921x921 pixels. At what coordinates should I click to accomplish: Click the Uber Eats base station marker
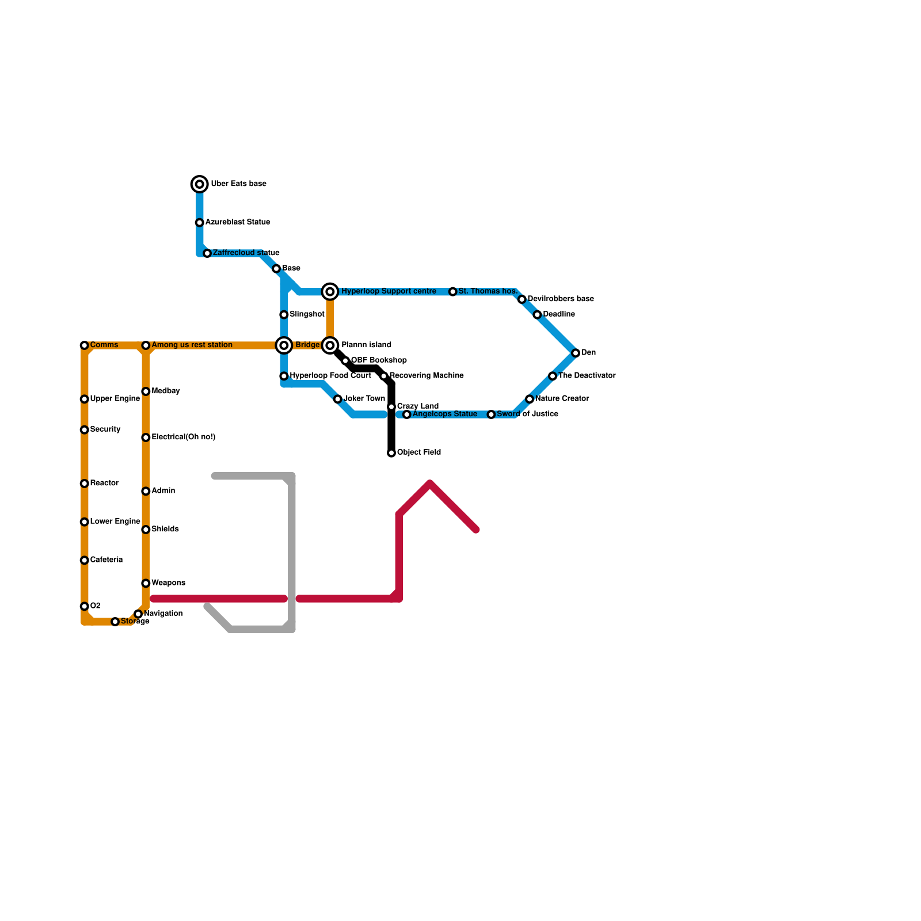tap(200, 184)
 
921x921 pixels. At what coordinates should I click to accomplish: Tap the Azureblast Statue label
tap(237, 222)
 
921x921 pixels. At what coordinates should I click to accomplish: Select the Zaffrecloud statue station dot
tap(207, 253)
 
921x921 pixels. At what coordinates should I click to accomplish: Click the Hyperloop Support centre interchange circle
tap(330, 292)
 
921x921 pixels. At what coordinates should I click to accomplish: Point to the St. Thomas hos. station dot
tap(453, 292)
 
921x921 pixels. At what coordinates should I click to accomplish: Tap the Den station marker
tap(576, 353)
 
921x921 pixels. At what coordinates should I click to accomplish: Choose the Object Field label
tap(418, 452)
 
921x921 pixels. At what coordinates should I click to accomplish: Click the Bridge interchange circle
tap(284, 345)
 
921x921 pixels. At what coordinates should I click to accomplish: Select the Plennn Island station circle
tap(330, 345)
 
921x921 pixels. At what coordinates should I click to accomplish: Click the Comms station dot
tap(85, 345)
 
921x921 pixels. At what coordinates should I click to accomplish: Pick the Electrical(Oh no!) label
tap(183, 437)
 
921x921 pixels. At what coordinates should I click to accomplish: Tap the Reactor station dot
tap(85, 484)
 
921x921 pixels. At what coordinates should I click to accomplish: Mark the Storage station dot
tap(115, 622)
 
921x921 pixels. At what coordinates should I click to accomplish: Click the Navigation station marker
tap(138, 614)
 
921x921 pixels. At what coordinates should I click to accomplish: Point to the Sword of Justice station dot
tap(491, 414)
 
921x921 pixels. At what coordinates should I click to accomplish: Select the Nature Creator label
tap(562, 399)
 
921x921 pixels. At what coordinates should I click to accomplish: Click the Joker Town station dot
tap(338, 399)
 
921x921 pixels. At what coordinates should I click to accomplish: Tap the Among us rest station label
tap(192, 345)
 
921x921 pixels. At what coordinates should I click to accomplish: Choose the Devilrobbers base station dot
tap(522, 299)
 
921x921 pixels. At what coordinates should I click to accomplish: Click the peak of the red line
tap(431, 483)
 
